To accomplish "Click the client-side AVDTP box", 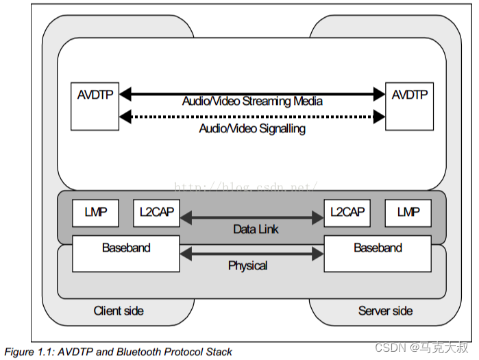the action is pyautogui.click(x=95, y=106).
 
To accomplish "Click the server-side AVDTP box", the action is pyautogui.click(x=409, y=106).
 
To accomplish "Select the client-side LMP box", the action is pyautogui.click(x=95, y=213).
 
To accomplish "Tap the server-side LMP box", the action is pyautogui.click(x=408, y=213).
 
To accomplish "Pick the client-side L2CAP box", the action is pyautogui.click(x=156, y=213).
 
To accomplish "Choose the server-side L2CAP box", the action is pyautogui.click(x=347, y=213).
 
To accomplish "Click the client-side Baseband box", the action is pyautogui.click(x=126, y=254).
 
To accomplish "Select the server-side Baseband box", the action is pyautogui.click(x=378, y=254).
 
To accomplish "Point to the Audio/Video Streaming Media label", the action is pyautogui.click(x=252, y=101).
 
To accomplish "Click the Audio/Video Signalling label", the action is pyautogui.click(x=252, y=129).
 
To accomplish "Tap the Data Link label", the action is pyautogui.click(x=256, y=229).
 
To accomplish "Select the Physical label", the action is pyautogui.click(x=248, y=265).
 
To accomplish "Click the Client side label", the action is pyautogui.click(x=119, y=311).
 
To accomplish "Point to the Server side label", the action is pyautogui.click(x=386, y=311).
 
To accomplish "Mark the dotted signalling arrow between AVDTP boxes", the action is pyautogui.click(x=252, y=117).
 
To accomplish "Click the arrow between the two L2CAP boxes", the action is pyautogui.click(x=251, y=217).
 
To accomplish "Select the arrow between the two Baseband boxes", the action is pyautogui.click(x=251, y=254).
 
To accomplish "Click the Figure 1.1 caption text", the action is pyautogui.click(x=119, y=352).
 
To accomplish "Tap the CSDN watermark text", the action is pyautogui.click(x=421, y=348).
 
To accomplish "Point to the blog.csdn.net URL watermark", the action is pyautogui.click(x=246, y=186).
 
